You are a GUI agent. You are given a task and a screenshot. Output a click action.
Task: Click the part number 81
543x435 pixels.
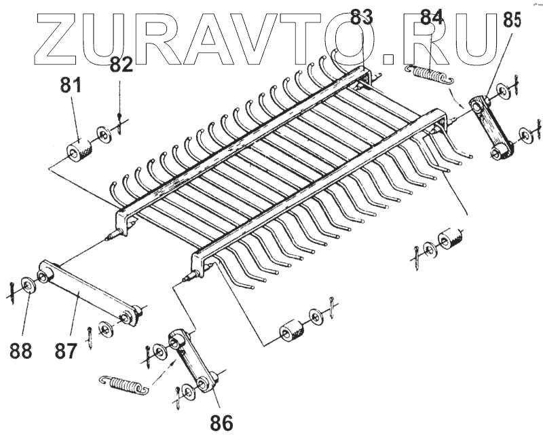click(x=71, y=86)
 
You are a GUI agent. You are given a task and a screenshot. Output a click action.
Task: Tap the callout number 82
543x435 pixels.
click(x=121, y=65)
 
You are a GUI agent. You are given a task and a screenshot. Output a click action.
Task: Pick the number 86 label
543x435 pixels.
click(x=221, y=423)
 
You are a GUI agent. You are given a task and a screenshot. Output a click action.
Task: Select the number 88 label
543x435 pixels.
click(x=20, y=351)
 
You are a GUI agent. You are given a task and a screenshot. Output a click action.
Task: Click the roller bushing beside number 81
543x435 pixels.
click(x=79, y=148)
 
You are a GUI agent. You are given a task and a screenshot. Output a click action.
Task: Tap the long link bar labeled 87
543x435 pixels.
click(x=88, y=293)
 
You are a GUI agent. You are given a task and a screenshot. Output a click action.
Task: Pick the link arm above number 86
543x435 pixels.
click(x=192, y=359)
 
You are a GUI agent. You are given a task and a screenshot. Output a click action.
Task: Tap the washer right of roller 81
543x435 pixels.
click(x=104, y=133)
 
